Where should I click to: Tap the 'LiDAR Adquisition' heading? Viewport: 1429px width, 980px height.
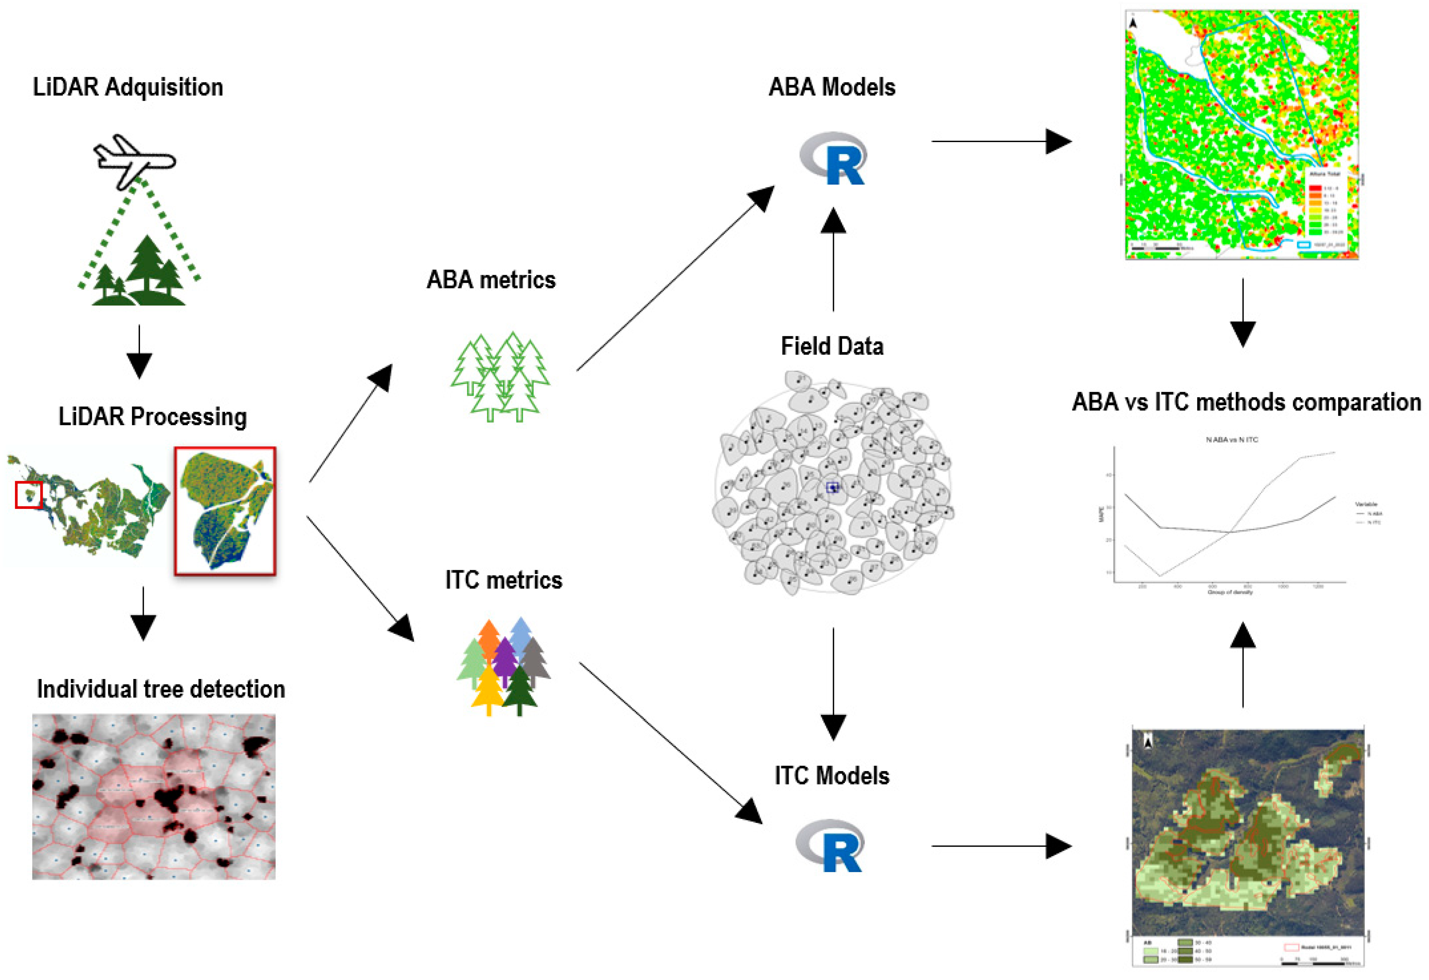point(128,87)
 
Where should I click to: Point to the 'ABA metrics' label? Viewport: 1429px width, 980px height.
point(491,280)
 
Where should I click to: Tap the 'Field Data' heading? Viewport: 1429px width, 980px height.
point(832,346)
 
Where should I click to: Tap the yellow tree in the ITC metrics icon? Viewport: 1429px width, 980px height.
point(489,692)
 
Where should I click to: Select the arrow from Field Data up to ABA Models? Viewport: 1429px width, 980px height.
point(833,258)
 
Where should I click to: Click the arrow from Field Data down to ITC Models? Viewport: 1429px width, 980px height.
point(833,682)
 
